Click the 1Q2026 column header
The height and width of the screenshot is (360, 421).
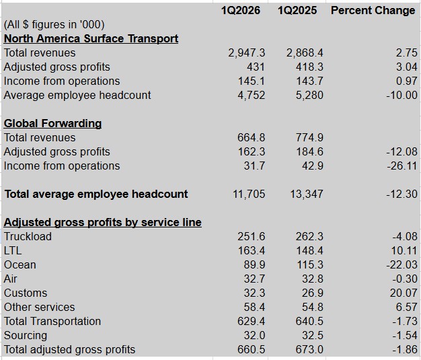(243, 10)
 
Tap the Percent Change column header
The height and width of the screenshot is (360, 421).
(373, 10)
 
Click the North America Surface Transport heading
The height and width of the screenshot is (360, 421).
(91, 38)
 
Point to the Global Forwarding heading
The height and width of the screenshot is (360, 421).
(52, 123)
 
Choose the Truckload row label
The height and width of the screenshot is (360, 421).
(28, 236)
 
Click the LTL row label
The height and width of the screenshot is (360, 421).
(13, 250)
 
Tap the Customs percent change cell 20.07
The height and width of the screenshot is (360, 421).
(402, 293)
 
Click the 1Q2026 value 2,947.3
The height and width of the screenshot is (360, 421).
(247, 52)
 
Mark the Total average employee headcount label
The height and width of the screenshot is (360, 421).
(96, 194)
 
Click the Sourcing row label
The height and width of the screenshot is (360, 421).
(26, 335)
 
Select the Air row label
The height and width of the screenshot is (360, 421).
(11, 279)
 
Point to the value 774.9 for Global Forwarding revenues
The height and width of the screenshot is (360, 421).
(309, 137)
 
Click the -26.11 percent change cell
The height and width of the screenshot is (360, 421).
(401, 166)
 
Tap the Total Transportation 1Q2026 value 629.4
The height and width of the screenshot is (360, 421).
(252, 321)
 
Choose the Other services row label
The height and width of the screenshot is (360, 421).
(39, 307)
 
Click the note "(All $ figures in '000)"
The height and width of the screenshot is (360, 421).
(54, 24)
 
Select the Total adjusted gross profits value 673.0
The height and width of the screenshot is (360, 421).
(309, 349)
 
